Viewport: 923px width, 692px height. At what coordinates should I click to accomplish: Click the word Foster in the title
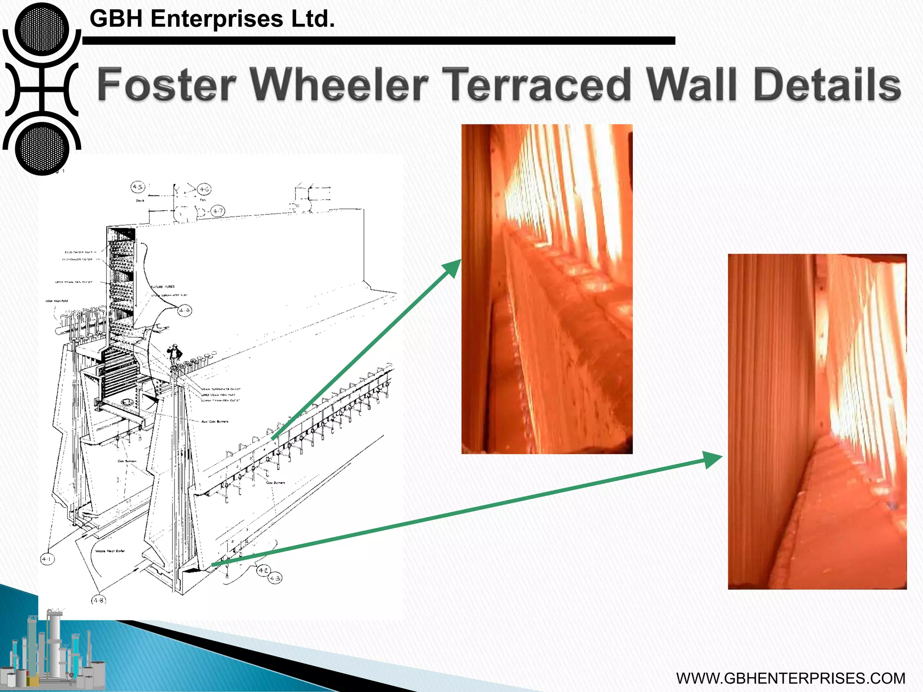(x=167, y=84)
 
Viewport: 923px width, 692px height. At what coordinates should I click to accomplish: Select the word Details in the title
(x=827, y=84)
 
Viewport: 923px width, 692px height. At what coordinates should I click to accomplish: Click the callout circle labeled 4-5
(x=138, y=187)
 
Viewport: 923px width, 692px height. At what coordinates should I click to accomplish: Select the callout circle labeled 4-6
(x=204, y=190)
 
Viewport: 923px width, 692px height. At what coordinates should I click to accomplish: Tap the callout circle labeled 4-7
(x=218, y=211)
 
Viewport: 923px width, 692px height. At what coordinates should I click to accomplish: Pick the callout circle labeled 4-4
(x=184, y=310)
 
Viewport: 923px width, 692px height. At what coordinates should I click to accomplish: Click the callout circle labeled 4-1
(x=47, y=559)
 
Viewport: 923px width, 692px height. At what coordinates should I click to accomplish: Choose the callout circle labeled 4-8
(x=99, y=600)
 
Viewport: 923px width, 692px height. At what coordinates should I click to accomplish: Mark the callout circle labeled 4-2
(x=263, y=571)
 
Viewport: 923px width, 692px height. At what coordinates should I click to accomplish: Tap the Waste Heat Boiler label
(x=110, y=551)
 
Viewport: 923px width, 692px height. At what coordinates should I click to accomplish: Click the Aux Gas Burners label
(x=215, y=422)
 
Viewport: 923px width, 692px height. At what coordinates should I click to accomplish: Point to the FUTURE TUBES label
(x=163, y=287)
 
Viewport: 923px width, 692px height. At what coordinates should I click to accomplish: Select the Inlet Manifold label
(x=56, y=301)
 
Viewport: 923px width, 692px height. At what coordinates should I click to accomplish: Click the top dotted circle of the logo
(x=42, y=29)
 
